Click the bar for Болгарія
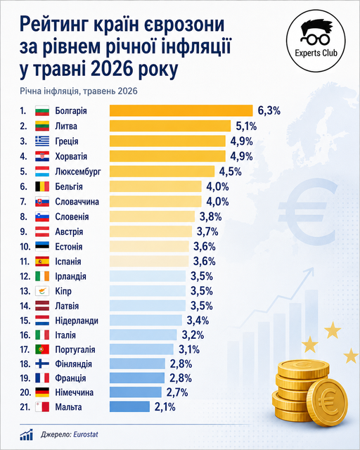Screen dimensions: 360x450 coord(181,110)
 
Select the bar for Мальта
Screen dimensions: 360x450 coord(129,406)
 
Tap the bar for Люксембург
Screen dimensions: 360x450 coord(162,172)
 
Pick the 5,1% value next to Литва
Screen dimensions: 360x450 coord(246,126)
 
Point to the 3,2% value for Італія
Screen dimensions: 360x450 coord(193,335)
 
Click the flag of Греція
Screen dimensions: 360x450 coord(42,141)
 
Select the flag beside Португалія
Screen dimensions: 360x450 coord(42,349)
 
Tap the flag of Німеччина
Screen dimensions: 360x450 coord(42,392)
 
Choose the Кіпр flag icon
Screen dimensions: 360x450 coord(42,291)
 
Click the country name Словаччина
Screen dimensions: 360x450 coord(77,202)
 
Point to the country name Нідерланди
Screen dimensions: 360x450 coord(77,321)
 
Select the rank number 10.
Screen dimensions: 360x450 coord(25,247)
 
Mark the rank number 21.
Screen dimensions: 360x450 coord(25,407)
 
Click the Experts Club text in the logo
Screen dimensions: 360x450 coord(316,53)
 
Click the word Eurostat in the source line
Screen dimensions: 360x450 coord(86,435)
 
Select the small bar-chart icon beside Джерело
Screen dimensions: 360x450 coord(27,435)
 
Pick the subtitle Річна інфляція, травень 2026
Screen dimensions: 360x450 coord(79,91)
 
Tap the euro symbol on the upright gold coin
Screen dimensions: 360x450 coord(327,400)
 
